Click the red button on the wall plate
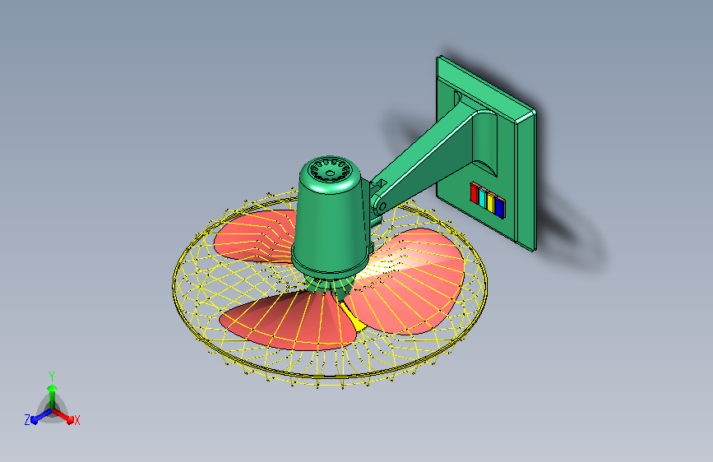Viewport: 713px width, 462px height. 475,194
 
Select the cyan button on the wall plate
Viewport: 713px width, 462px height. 483,198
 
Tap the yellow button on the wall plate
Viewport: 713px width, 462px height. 491,202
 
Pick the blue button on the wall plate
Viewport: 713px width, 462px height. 499,206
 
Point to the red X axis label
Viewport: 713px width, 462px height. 77,420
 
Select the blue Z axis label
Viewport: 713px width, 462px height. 27,419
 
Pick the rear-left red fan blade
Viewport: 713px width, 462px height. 251,234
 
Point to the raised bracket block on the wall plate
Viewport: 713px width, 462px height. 481,136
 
